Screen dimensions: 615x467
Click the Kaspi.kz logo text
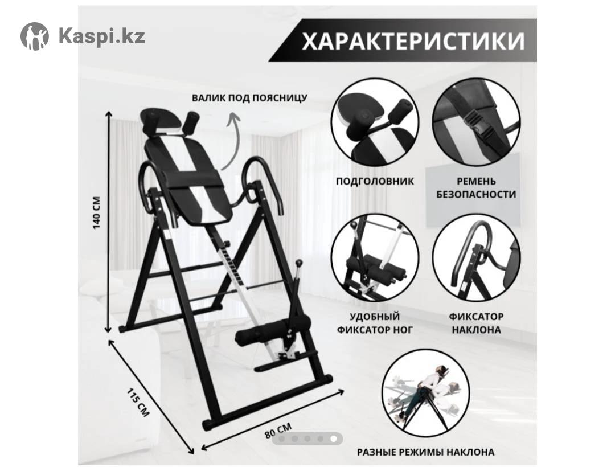coord(102,36)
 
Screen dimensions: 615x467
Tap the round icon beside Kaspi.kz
coord(35,36)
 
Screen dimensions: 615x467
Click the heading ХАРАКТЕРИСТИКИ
coord(413,40)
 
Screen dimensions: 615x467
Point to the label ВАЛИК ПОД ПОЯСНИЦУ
coord(249,97)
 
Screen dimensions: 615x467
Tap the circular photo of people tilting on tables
coord(425,394)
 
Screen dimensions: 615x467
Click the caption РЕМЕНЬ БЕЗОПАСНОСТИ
coord(476,188)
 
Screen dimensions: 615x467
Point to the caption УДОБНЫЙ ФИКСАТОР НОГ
coord(375,323)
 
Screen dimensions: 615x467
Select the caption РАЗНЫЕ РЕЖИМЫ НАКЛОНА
coord(425,452)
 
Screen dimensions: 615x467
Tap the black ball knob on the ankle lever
coord(300,263)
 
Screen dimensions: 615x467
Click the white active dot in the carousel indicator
coord(333,439)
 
